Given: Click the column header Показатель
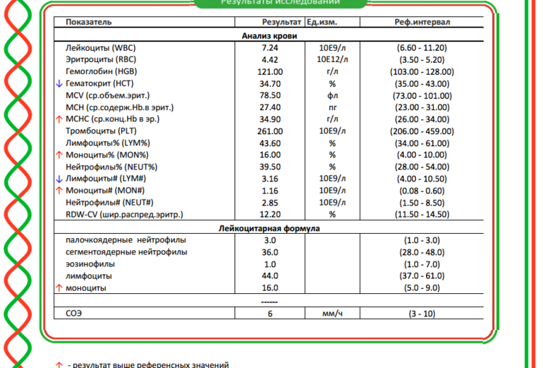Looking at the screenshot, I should (89, 23).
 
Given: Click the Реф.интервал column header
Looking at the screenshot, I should (423, 23).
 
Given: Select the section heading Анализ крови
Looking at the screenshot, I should (269, 35).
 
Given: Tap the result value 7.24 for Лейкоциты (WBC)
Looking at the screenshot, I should (270, 47).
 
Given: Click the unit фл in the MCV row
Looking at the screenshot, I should (331, 95).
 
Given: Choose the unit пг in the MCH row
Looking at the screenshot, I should (331, 107).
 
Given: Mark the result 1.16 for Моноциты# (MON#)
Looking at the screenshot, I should (270, 191).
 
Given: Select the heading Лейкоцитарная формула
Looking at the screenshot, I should (269, 229).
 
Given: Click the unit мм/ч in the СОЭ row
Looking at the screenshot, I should (331, 312).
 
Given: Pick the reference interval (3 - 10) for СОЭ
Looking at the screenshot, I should (423, 312).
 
